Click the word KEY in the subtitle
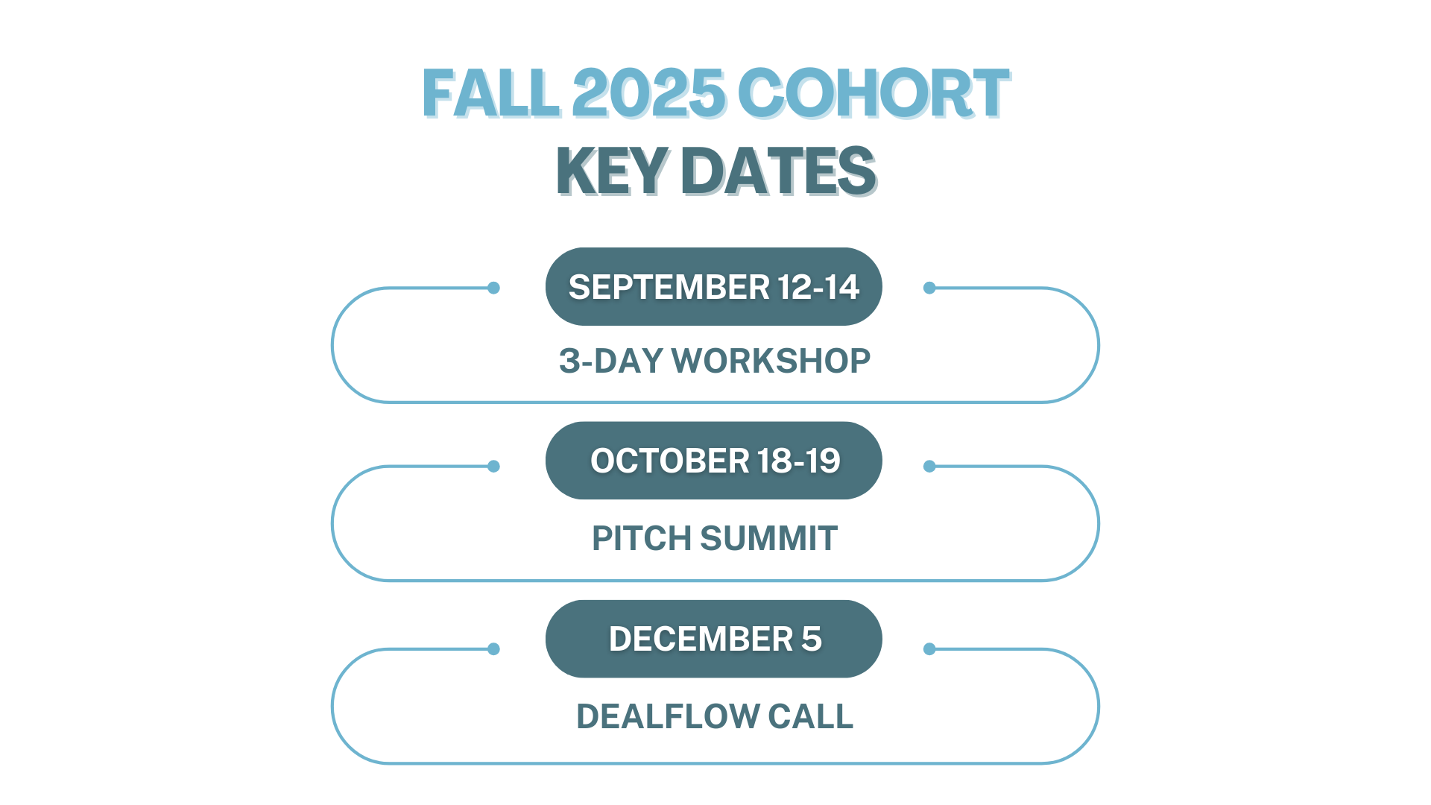pyautogui.click(x=612, y=171)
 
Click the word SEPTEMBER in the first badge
pyautogui.click(x=669, y=287)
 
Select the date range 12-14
pyautogui.click(x=818, y=287)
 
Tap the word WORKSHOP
pyautogui.click(x=771, y=361)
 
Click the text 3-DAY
pyautogui.click(x=611, y=361)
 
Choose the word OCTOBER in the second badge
pyautogui.click(x=670, y=461)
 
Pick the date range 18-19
pyautogui.click(x=799, y=461)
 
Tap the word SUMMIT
pyautogui.click(x=769, y=538)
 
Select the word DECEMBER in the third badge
pyautogui.click(x=701, y=639)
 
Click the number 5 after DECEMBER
pyautogui.click(x=812, y=639)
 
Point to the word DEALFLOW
pyautogui.click(x=668, y=716)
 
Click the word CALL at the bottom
pyautogui.click(x=811, y=716)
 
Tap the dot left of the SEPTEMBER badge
pyautogui.click(x=493, y=288)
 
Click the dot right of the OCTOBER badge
pyautogui.click(x=929, y=467)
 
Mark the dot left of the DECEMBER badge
pyautogui.click(x=493, y=649)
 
